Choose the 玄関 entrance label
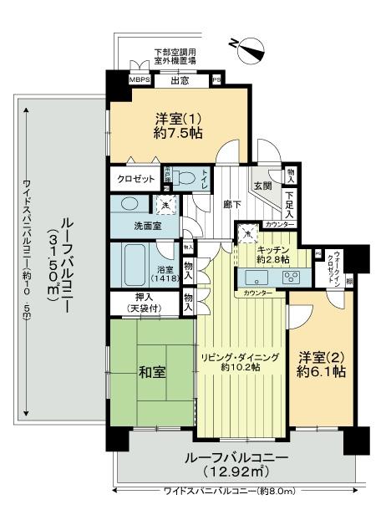pos(262,188)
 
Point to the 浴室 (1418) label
pos(165,273)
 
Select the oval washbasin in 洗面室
pos(130,204)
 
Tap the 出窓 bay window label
pos(179,81)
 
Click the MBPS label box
pos(139,81)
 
